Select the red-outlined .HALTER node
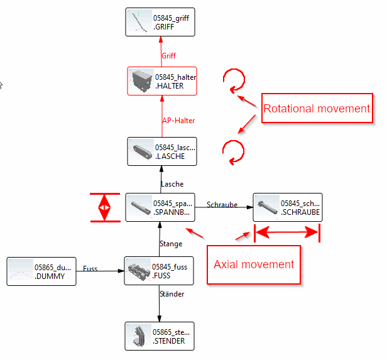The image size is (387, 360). click(x=161, y=81)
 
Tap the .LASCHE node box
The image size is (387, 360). click(x=161, y=151)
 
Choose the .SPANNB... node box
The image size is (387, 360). click(x=160, y=207)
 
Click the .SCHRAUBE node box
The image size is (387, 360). click(x=287, y=207)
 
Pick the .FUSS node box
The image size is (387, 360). click(x=156, y=271)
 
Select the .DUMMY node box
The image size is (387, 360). click(x=41, y=271)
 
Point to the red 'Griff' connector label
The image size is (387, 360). click(x=168, y=56)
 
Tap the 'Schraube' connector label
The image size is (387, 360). click(x=222, y=205)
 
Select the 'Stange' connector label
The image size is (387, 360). click(x=171, y=244)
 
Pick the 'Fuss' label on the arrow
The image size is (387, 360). click(x=90, y=268)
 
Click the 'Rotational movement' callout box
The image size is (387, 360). click(x=317, y=109)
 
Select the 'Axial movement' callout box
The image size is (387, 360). click(x=253, y=264)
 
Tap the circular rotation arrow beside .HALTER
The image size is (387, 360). click(x=234, y=80)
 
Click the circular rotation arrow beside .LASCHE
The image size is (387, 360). click(x=234, y=151)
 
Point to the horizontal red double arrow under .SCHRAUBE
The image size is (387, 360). click(x=287, y=233)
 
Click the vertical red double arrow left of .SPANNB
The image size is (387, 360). click(x=105, y=207)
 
